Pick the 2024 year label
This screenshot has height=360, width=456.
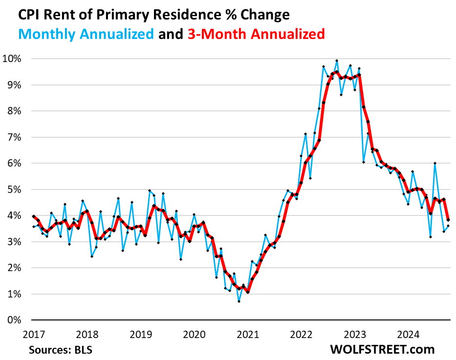point(409,335)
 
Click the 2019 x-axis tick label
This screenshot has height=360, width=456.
point(140,335)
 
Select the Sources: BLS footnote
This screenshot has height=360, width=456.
point(61,350)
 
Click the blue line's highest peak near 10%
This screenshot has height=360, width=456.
point(337,61)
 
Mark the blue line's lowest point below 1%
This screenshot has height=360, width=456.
point(239,301)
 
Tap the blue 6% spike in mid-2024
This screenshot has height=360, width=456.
point(435,163)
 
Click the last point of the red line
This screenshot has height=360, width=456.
point(448,220)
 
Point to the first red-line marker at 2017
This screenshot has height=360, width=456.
point(33,216)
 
